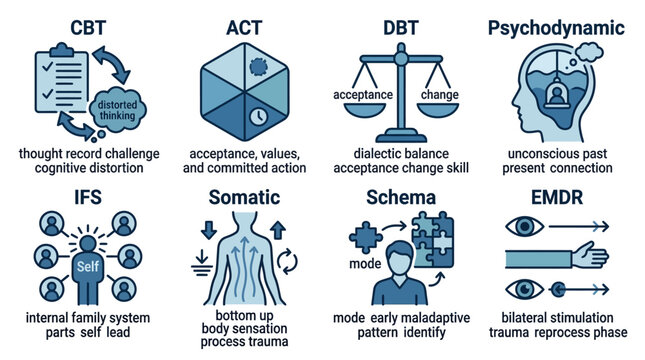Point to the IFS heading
[x=78, y=196]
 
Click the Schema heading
[x=400, y=196]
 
